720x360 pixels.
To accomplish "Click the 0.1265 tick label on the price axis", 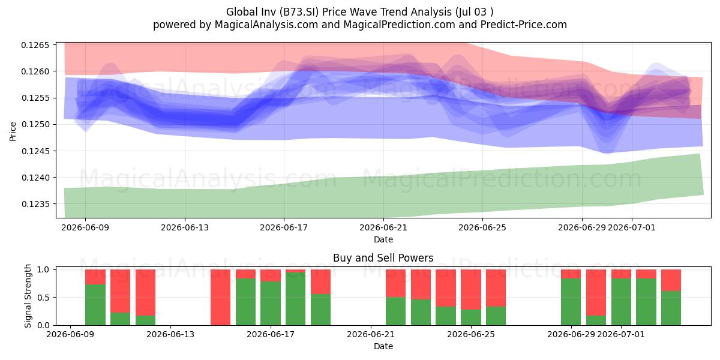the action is tap(35, 45).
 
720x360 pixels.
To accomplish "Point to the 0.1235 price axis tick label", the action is tap(35, 204).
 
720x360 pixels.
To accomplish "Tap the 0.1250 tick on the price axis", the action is tap(35, 124).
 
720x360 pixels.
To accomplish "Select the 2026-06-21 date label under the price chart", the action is tap(383, 227).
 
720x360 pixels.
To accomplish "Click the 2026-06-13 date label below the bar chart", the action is tap(170, 334).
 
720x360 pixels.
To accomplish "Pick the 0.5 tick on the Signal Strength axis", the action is tap(43, 298).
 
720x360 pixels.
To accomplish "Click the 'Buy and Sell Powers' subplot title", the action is tap(383, 258).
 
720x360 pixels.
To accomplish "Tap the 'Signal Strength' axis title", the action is tap(28, 296).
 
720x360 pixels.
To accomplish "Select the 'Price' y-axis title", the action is tap(13, 131).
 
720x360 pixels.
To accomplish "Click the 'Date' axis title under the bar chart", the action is tap(383, 346).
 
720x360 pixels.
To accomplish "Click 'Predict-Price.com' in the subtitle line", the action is tap(524, 25).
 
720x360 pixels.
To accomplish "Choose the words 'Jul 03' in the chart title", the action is tap(472, 12).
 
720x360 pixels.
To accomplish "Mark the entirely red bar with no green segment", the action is tap(221, 298).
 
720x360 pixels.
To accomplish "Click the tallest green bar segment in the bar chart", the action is tap(295, 299).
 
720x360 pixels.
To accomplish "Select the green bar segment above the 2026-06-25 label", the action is tap(471, 317).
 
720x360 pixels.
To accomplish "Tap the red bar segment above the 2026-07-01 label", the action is tap(621, 274).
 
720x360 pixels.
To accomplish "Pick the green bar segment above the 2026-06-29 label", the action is tap(571, 302).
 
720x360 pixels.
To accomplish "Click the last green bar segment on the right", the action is tap(671, 308).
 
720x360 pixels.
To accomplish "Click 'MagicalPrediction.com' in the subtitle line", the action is tap(399, 25).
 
